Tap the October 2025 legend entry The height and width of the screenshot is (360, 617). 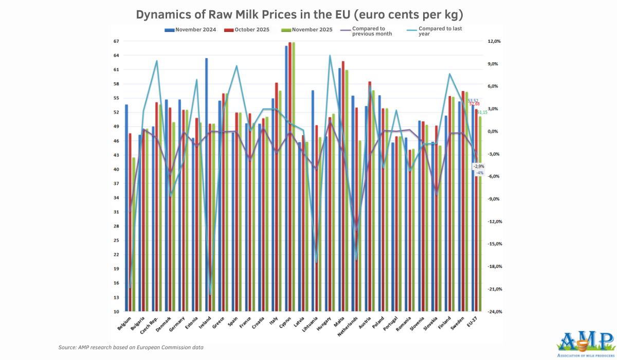pos(249,29)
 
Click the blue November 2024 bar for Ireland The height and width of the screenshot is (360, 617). pos(207,185)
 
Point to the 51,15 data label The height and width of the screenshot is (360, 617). pos(483,112)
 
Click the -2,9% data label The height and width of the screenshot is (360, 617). pos(479,166)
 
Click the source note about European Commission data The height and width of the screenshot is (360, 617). pos(131,348)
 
